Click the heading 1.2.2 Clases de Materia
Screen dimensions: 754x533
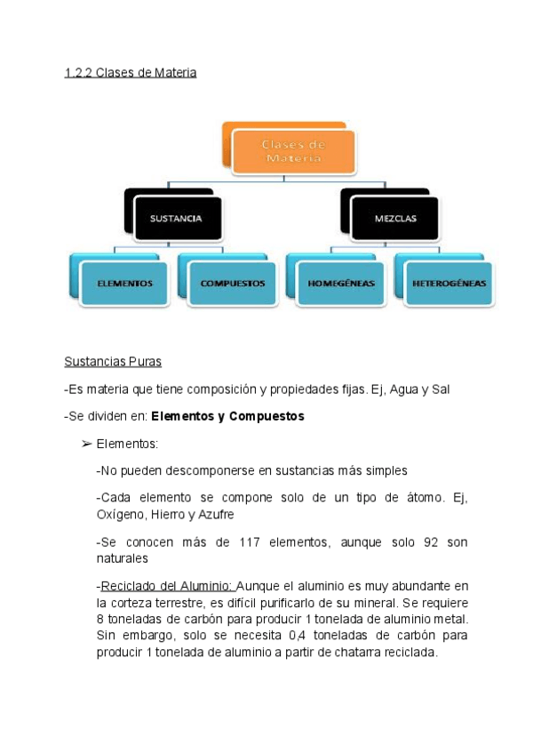click(130, 73)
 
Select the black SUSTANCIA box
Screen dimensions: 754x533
click(176, 218)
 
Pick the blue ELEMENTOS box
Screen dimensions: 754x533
click(125, 284)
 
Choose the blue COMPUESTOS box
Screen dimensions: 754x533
click(233, 284)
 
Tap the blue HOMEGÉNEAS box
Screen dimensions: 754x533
click(341, 284)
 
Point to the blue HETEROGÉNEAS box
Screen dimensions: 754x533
click(449, 284)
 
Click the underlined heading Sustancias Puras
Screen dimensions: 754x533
click(113, 362)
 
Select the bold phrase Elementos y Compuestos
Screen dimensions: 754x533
click(228, 416)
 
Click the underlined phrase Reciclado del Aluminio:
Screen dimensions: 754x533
click(168, 586)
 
